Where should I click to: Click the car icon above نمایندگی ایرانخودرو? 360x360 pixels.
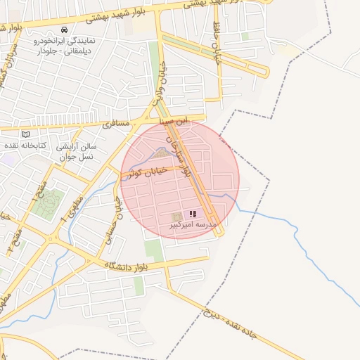65,30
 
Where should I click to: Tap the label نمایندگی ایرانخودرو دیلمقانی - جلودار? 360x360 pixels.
65,46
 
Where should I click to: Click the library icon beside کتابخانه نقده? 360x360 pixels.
25,134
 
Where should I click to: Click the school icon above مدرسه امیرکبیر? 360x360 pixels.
193,214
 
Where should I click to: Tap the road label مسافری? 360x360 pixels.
117,124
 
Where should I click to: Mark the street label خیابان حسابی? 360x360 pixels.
114,219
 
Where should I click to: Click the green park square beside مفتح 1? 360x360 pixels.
48,205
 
